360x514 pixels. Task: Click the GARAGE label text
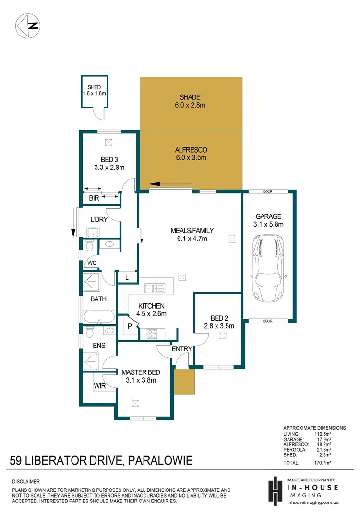[x=268, y=216]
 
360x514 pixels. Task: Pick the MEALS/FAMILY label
[x=192, y=231]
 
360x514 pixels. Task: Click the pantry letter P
[x=129, y=326]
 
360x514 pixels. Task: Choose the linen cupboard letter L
[x=127, y=277]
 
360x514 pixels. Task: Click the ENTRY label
[x=182, y=349]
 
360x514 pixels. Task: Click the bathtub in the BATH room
[x=98, y=317]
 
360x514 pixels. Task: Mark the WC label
[x=92, y=263]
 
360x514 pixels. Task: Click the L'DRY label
[x=98, y=220]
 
